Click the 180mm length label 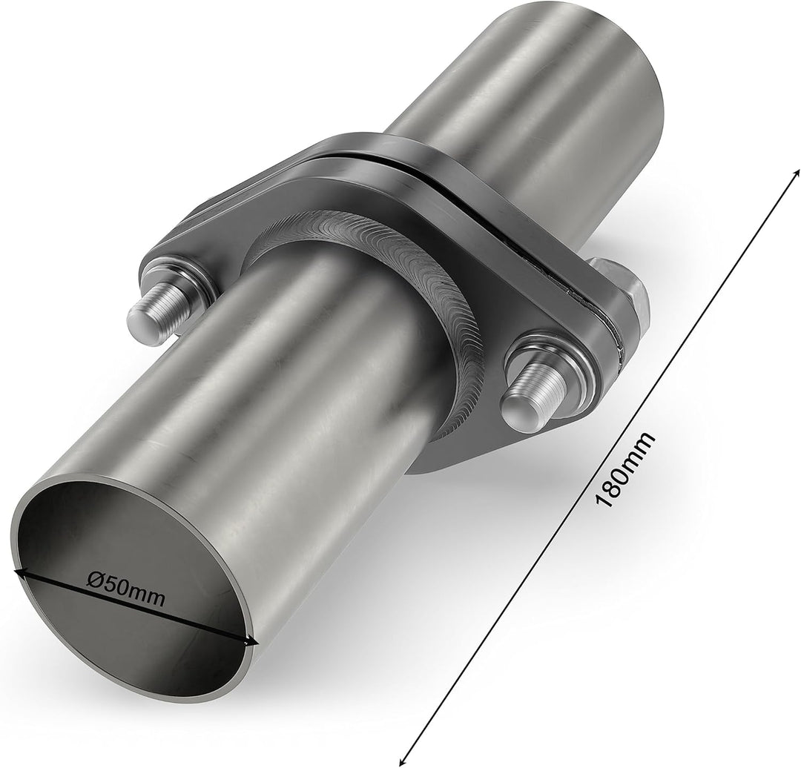pos(626,470)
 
